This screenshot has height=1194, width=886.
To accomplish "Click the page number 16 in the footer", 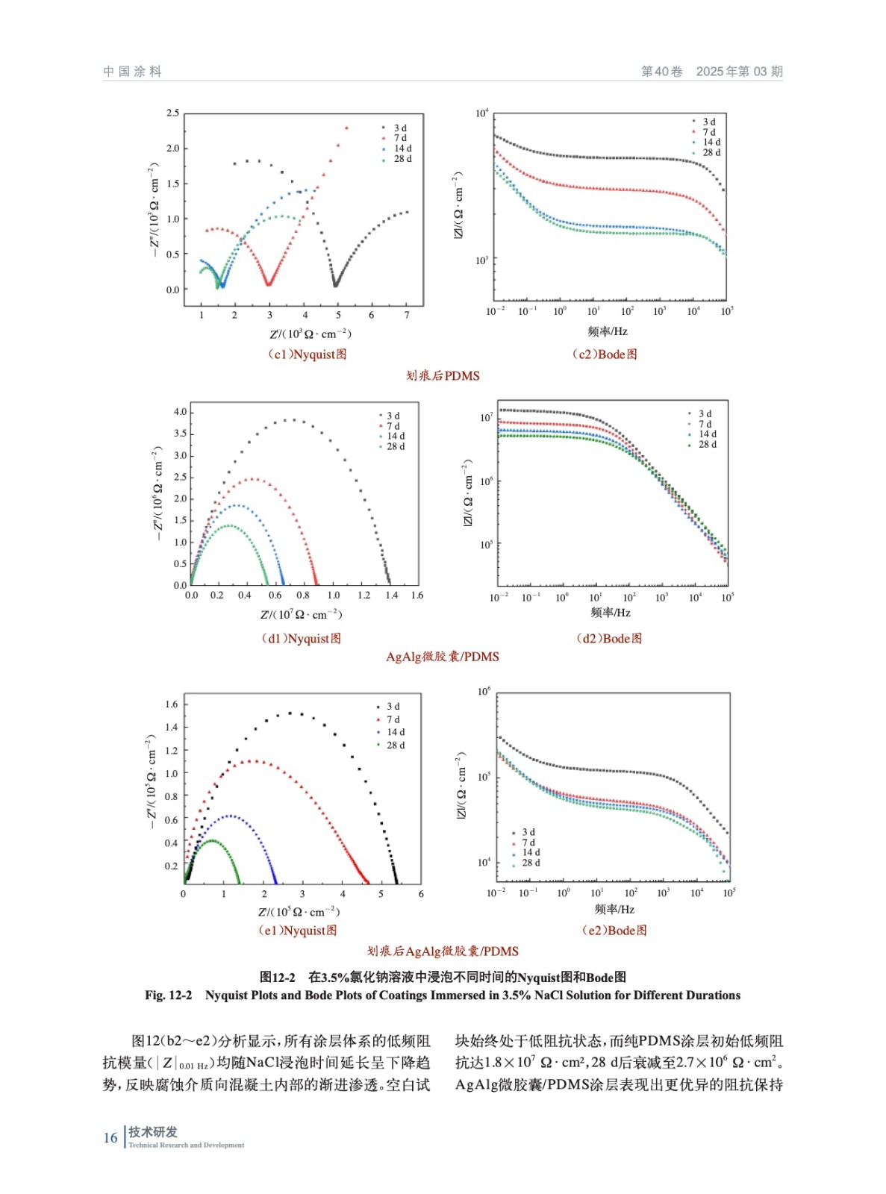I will point(110,1137).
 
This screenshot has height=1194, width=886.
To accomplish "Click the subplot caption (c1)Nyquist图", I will point(307,354).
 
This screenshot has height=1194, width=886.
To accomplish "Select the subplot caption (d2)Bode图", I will point(609,638).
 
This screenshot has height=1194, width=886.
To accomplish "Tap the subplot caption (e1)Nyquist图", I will point(297,931).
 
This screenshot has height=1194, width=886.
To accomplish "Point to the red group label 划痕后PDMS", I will point(443,375).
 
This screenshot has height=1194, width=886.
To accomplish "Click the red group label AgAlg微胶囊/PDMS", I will point(443,657).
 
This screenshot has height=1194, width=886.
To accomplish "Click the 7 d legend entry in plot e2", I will point(528,843).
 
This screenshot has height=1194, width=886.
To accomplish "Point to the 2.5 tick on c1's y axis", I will point(172,113).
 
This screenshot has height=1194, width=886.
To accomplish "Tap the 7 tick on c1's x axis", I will point(407,315).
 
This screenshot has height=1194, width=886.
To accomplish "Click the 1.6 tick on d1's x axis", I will point(417,596).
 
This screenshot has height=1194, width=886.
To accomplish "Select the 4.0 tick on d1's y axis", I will point(180,412).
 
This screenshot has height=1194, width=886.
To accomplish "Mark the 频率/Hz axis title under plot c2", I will point(608,331).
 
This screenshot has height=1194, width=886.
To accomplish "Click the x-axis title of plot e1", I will point(299,912).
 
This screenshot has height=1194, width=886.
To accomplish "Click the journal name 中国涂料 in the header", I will point(132,72).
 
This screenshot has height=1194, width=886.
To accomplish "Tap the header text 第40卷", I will point(661,72).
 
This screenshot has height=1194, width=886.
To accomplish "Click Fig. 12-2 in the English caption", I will point(168,995).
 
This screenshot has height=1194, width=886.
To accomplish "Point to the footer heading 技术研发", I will point(152,1131).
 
